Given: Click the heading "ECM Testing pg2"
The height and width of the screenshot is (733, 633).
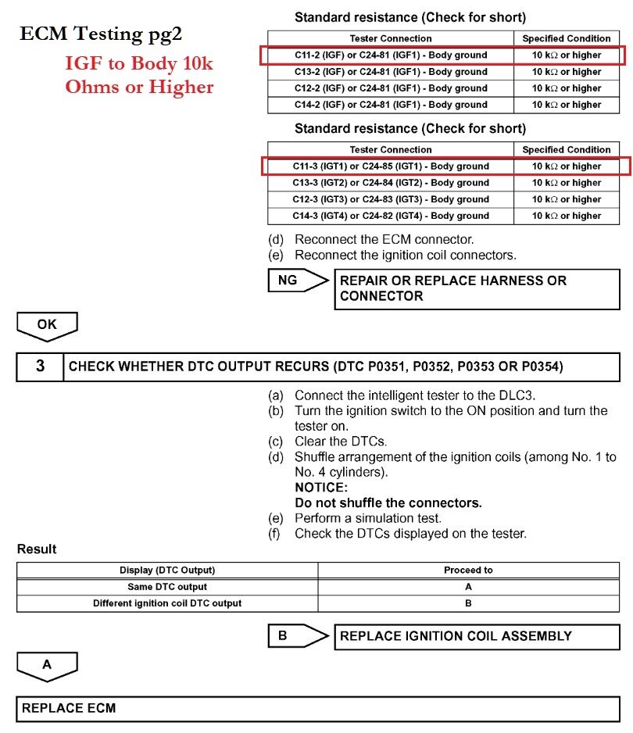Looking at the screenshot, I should [103, 34].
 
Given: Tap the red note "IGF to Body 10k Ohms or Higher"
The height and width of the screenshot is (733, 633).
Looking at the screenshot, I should [139, 76].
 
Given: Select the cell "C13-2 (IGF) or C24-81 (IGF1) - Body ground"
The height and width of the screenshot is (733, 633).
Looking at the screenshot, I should [390, 72].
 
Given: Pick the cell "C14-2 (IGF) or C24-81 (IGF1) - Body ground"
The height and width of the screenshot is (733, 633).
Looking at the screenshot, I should [390, 105].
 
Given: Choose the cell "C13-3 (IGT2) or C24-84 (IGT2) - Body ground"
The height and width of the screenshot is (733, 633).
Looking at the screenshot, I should [390, 183].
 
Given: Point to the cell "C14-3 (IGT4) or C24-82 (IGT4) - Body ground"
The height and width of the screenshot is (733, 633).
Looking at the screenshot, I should [390, 216].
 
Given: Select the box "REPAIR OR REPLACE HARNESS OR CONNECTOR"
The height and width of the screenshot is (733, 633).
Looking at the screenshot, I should [476, 288].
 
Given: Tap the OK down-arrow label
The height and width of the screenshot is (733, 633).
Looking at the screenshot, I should [47, 325].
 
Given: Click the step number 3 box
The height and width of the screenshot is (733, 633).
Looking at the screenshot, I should [40, 366].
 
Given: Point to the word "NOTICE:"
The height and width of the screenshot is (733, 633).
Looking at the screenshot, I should [321, 488].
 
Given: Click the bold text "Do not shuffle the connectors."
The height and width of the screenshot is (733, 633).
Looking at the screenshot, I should [388, 502].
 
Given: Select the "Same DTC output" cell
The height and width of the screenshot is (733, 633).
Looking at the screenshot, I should [167, 587].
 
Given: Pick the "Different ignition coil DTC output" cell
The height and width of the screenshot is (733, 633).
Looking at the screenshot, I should [167, 603].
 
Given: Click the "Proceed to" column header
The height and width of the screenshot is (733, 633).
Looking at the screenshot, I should [468, 570].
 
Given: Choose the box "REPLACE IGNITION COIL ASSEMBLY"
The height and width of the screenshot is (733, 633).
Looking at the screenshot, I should [476, 636].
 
